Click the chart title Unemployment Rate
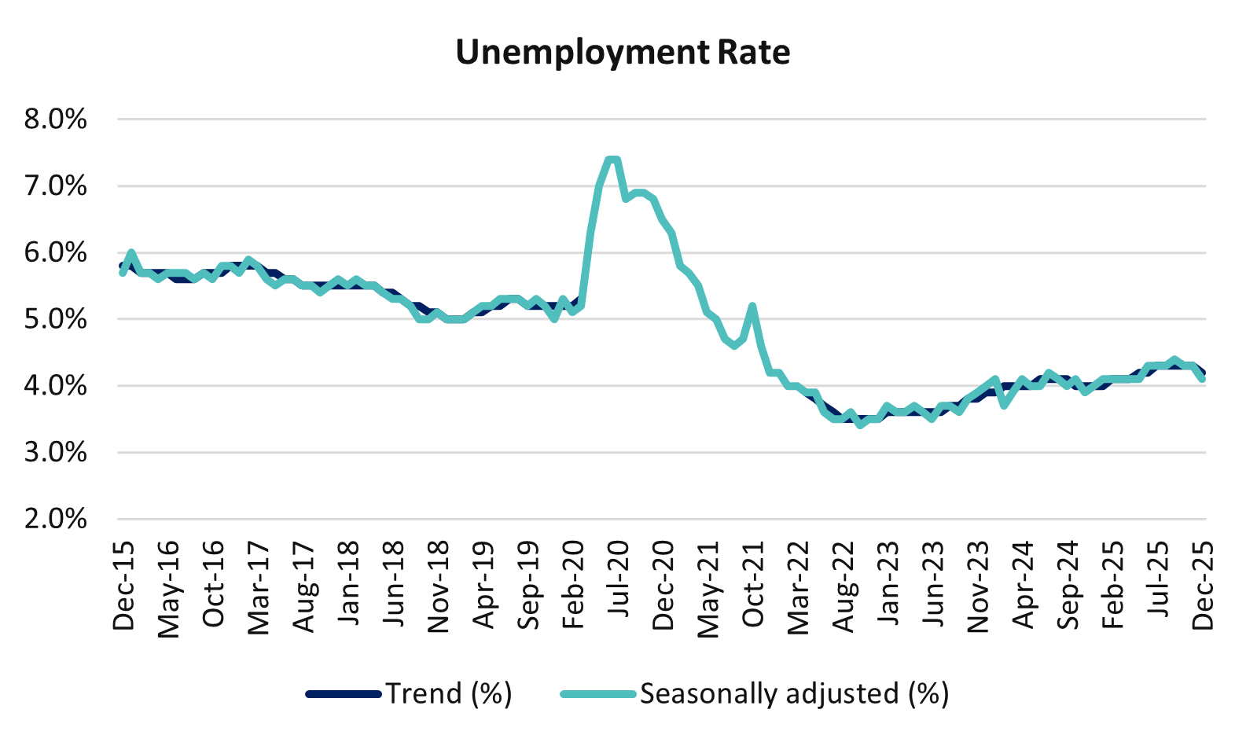pos(623,53)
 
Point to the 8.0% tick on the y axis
pos(55,120)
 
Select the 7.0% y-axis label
pos(55,187)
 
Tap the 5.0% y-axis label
pos(55,320)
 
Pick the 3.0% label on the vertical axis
pos(55,454)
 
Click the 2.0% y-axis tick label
pos(55,520)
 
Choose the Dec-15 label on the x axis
pos(123,586)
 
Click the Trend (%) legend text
pos(449,694)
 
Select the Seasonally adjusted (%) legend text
pos(794,694)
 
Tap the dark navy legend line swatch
pos(344,694)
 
